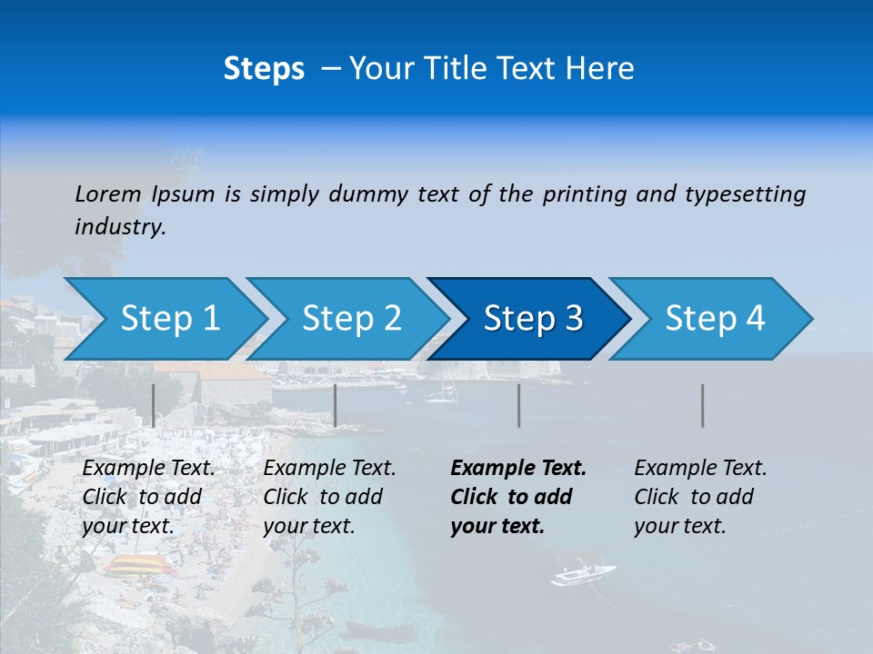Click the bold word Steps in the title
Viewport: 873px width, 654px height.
[x=264, y=69]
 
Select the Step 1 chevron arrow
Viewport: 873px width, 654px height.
[x=164, y=318]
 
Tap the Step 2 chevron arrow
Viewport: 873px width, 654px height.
[x=348, y=318]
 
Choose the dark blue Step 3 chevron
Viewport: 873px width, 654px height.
[x=530, y=318]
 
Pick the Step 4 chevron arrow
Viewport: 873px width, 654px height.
[x=712, y=318]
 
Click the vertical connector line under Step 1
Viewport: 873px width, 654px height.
[x=154, y=405]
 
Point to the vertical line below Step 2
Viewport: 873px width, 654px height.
[x=336, y=405]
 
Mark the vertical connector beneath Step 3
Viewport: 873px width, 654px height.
[x=519, y=405]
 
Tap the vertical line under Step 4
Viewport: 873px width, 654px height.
[x=703, y=405]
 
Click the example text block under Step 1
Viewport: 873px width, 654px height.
[x=148, y=497]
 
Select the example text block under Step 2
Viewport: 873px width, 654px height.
[x=329, y=497]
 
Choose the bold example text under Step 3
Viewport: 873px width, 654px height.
[x=518, y=497]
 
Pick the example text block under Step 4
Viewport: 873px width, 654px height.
[x=700, y=497]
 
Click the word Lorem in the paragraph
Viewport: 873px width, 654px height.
[x=107, y=194]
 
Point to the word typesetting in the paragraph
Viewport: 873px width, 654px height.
[x=745, y=194]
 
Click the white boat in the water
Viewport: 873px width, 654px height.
[x=582, y=574]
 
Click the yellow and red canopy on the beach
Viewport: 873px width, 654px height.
[x=136, y=566]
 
